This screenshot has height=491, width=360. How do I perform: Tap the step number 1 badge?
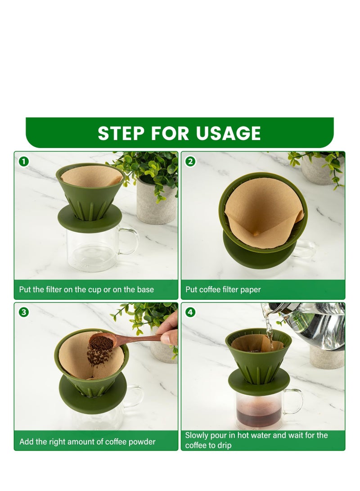coord(23,161)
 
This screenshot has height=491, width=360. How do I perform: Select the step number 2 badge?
coord(190,161)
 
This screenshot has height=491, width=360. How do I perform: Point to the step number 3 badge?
coord(23,312)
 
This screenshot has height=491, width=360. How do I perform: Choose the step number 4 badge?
coord(190,312)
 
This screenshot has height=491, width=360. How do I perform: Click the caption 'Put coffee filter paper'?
coord(223,289)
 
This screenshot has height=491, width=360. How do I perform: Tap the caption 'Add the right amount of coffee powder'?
coord(87,441)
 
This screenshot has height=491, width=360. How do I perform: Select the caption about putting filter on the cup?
coord(86,289)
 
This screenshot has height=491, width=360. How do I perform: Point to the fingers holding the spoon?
coord(170,333)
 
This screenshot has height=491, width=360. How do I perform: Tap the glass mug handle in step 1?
coord(130,241)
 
